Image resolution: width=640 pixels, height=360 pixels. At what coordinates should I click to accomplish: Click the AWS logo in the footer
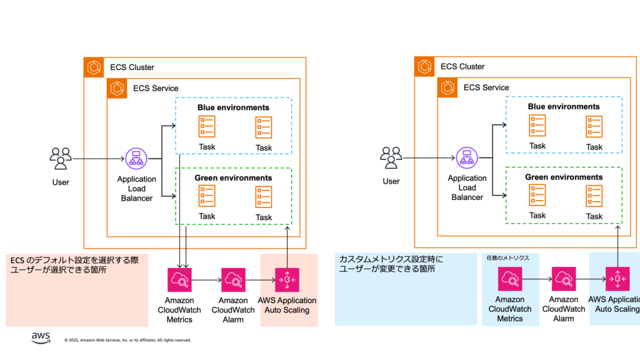click(41, 338)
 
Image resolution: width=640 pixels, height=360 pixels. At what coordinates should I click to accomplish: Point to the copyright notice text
click(127, 340)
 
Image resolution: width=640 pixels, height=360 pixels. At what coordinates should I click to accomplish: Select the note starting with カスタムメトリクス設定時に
click(391, 263)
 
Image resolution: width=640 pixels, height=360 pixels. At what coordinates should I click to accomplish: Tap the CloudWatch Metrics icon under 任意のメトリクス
click(510, 279)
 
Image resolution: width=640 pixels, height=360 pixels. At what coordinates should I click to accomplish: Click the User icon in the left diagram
click(61, 159)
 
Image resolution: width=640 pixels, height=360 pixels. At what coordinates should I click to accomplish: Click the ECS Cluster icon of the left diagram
click(94, 67)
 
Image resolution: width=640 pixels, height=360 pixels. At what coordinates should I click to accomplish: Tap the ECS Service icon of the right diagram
click(447, 88)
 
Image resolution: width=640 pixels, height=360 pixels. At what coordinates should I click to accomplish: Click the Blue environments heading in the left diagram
click(233, 107)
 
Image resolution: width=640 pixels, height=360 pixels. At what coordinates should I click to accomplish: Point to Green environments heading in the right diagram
click(564, 177)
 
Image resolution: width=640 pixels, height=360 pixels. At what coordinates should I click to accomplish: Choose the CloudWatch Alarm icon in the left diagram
click(233, 279)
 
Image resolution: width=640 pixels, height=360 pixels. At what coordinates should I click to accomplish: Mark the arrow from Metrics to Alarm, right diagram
click(537, 279)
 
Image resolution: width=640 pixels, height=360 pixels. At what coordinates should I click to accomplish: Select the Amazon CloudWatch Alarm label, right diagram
click(564, 309)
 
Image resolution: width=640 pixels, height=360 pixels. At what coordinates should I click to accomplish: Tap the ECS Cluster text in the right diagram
click(462, 67)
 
